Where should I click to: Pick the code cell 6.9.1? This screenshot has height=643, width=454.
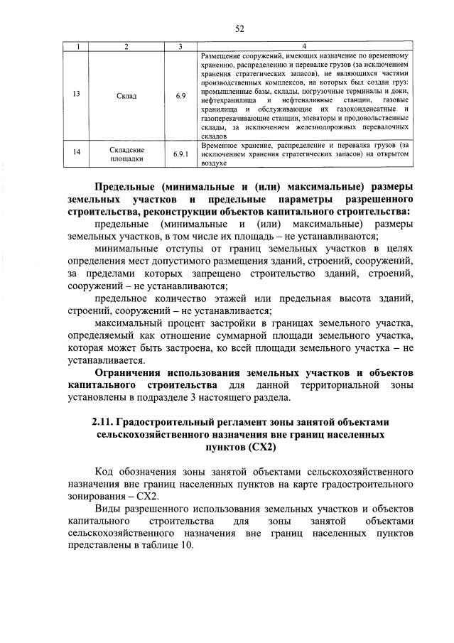pyautogui.click(x=180, y=154)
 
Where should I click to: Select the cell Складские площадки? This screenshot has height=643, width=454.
pyautogui.click(x=127, y=154)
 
